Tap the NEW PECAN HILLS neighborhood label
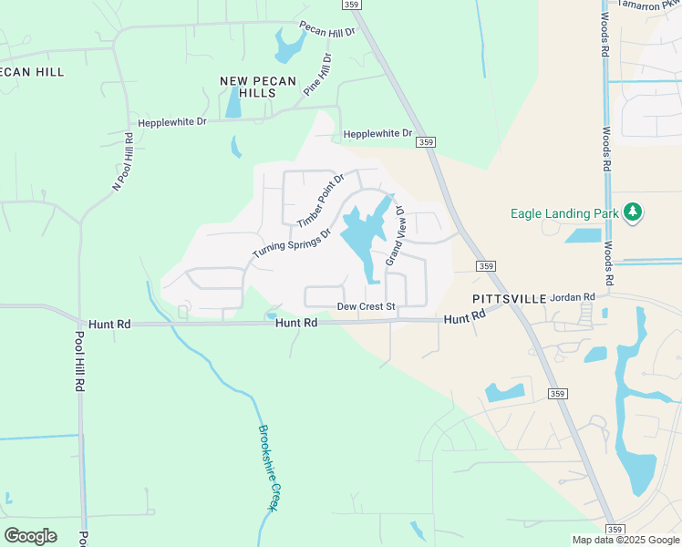258,88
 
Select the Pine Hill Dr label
318,73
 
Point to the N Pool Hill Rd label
122,162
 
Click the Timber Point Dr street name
320,200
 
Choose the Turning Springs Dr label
291,243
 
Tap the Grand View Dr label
394,236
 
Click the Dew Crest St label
366,307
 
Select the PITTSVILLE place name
508,299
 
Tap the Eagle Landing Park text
563,214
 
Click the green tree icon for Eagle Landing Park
632,213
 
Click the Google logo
30,535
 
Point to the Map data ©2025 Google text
625,541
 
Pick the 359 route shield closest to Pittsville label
486,266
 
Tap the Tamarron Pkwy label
649,5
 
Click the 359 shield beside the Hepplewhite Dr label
425,142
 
